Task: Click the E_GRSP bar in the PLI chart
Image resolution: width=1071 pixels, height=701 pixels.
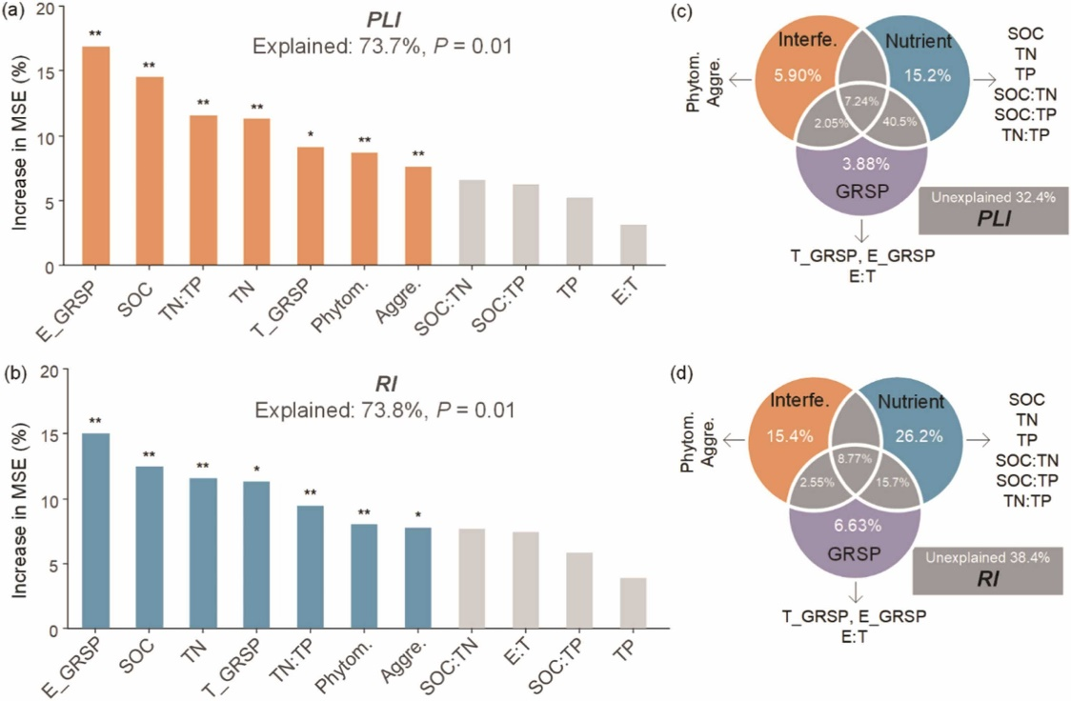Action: tap(95, 156)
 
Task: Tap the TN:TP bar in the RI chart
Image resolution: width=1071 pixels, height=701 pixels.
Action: tap(311, 567)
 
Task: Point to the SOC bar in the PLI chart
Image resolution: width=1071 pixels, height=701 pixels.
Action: tap(150, 171)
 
